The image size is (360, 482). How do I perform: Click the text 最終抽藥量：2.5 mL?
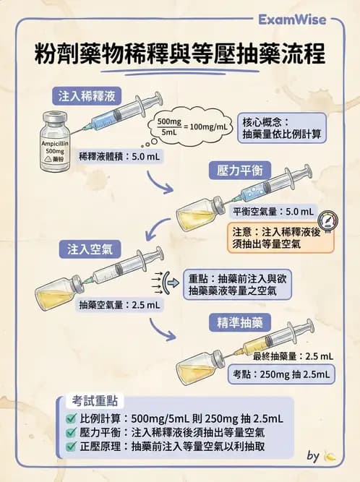pyautogui.click(x=293, y=356)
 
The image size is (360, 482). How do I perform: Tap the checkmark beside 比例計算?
pyautogui.click(x=71, y=418)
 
